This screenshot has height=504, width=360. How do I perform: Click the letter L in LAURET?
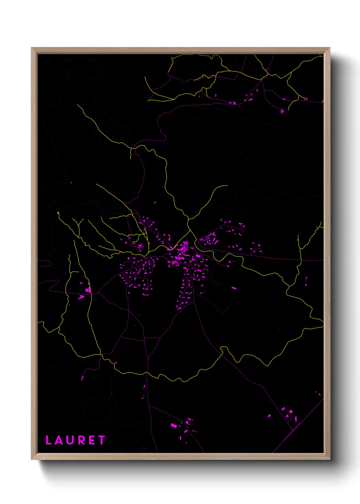tap(49, 440)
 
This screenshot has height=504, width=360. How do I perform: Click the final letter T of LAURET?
tap(101, 440)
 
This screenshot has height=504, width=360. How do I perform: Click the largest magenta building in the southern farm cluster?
tap(174, 425)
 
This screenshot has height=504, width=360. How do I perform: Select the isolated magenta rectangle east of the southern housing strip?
tap(234, 288)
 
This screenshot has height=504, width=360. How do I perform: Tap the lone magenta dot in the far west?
tap(71, 183)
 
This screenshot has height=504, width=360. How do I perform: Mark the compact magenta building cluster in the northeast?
tap(282, 111)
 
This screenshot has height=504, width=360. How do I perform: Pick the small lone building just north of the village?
tap(155, 203)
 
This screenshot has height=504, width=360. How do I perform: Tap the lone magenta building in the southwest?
tap(82, 378)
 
